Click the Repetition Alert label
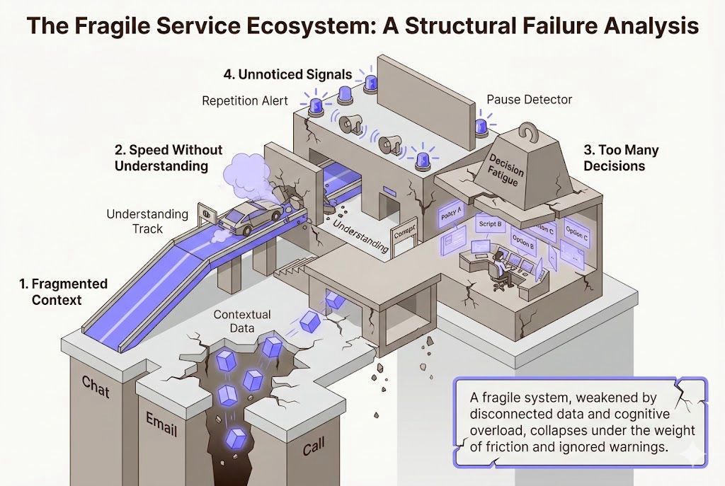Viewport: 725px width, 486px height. coord(245,100)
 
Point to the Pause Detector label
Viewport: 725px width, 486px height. coord(529,100)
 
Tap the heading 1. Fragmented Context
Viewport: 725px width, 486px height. coord(63,291)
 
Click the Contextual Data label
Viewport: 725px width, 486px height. coord(242,320)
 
